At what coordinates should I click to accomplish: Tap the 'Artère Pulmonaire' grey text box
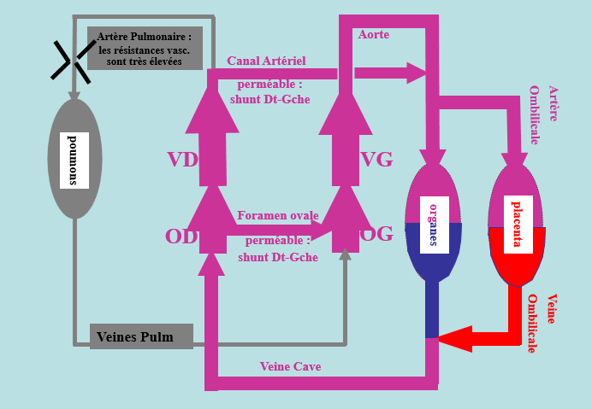pyautogui.click(x=145, y=48)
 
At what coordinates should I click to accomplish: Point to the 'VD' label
pyautogui.click(x=183, y=160)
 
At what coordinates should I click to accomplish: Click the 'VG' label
pyautogui.click(x=377, y=160)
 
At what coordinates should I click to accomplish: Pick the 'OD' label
pyautogui.click(x=181, y=237)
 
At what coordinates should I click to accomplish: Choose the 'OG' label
pyautogui.click(x=376, y=235)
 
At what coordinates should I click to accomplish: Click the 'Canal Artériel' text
pyautogui.click(x=266, y=61)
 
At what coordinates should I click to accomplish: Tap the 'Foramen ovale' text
pyautogui.click(x=277, y=215)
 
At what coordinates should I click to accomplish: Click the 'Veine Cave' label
pyautogui.click(x=290, y=367)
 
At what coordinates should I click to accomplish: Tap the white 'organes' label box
pyautogui.click(x=434, y=223)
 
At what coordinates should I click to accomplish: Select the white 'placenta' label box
pyautogui.click(x=516, y=223)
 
